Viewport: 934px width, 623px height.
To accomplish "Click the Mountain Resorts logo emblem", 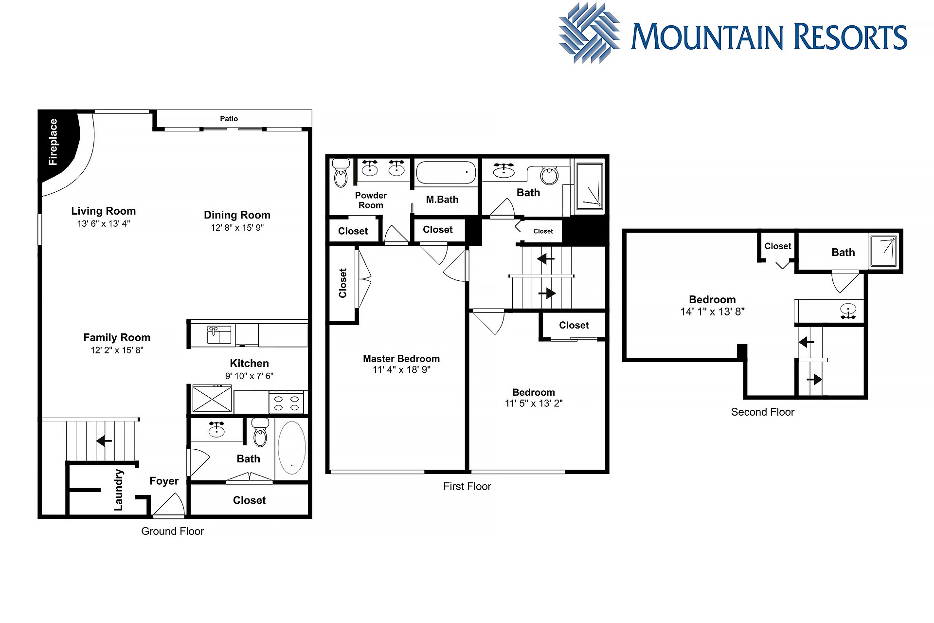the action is tap(589, 33).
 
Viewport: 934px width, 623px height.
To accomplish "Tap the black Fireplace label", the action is tap(53, 142).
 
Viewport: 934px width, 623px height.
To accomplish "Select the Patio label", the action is tap(229, 119).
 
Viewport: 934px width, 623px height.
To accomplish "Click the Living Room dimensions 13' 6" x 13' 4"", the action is tap(104, 224).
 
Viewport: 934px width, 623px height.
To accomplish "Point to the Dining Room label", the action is tap(237, 215).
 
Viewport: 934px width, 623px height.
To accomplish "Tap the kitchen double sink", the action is tap(219, 335).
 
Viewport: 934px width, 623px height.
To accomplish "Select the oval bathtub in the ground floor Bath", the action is tap(292, 448).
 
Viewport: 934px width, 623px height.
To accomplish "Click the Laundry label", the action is tap(119, 490).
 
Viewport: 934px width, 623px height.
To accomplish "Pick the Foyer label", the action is tap(164, 481).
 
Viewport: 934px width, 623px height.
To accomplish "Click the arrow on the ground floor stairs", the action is tap(104, 441).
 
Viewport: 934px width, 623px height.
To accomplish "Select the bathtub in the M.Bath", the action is tap(446, 172).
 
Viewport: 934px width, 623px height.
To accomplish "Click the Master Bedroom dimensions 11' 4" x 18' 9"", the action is tap(402, 370).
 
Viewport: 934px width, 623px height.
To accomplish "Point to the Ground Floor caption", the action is tap(173, 531).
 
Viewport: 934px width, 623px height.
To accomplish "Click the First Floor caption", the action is tap(467, 487).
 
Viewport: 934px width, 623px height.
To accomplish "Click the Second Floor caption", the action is tap(763, 412).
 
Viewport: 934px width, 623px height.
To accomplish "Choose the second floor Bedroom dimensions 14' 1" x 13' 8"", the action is tap(713, 312).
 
